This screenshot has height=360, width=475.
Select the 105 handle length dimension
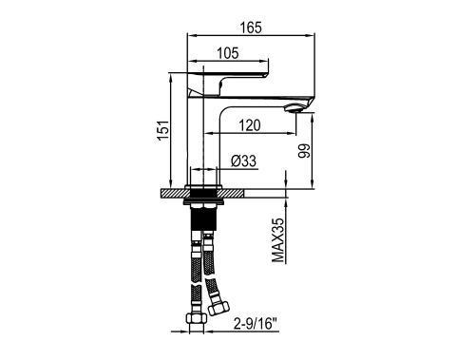click(x=228, y=53)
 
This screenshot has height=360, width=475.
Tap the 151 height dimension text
click(x=163, y=130)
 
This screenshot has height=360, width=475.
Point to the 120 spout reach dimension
click(x=250, y=125)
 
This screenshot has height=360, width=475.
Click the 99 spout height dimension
click(x=304, y=151)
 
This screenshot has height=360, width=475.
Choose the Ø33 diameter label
click(x=243, y=161)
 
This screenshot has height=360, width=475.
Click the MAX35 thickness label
click(x=278, y=240)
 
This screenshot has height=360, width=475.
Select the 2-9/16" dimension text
click(x=256, y=324)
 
